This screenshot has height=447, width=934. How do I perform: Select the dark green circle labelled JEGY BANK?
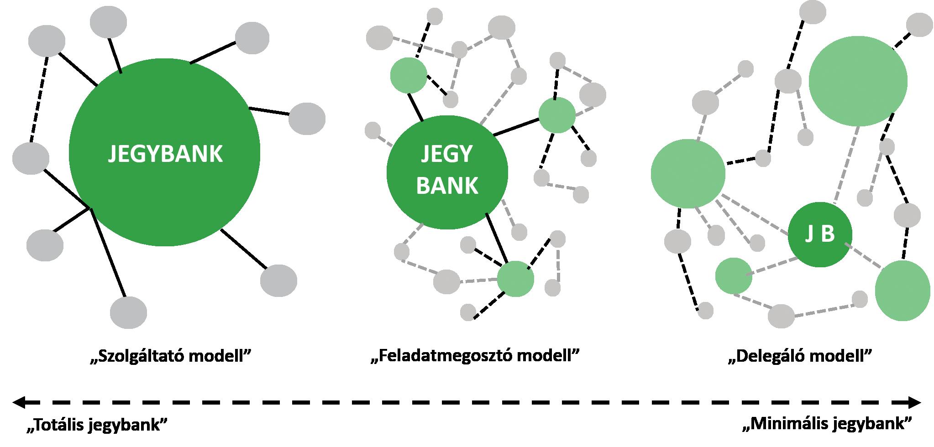(x=447, y=172)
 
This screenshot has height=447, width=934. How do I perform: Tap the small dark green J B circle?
(x=820, y=234)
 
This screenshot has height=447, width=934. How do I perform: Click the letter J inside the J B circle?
(x=809, y=234)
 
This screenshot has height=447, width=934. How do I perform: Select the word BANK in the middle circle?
(x=447, y=186)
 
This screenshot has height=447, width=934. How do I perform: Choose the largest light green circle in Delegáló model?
(x=858, y=81)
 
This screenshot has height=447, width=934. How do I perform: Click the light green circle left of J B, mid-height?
(x=687, y=174)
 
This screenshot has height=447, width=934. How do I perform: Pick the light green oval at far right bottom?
(x=903, y=291)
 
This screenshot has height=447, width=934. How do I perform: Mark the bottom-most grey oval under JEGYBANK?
(x=129, y=312)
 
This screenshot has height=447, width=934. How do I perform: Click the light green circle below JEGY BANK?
(x=515, y=279)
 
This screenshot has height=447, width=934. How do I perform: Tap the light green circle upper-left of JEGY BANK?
(x=409, y=75)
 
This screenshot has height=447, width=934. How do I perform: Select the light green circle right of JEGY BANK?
(x=556, y=115)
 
